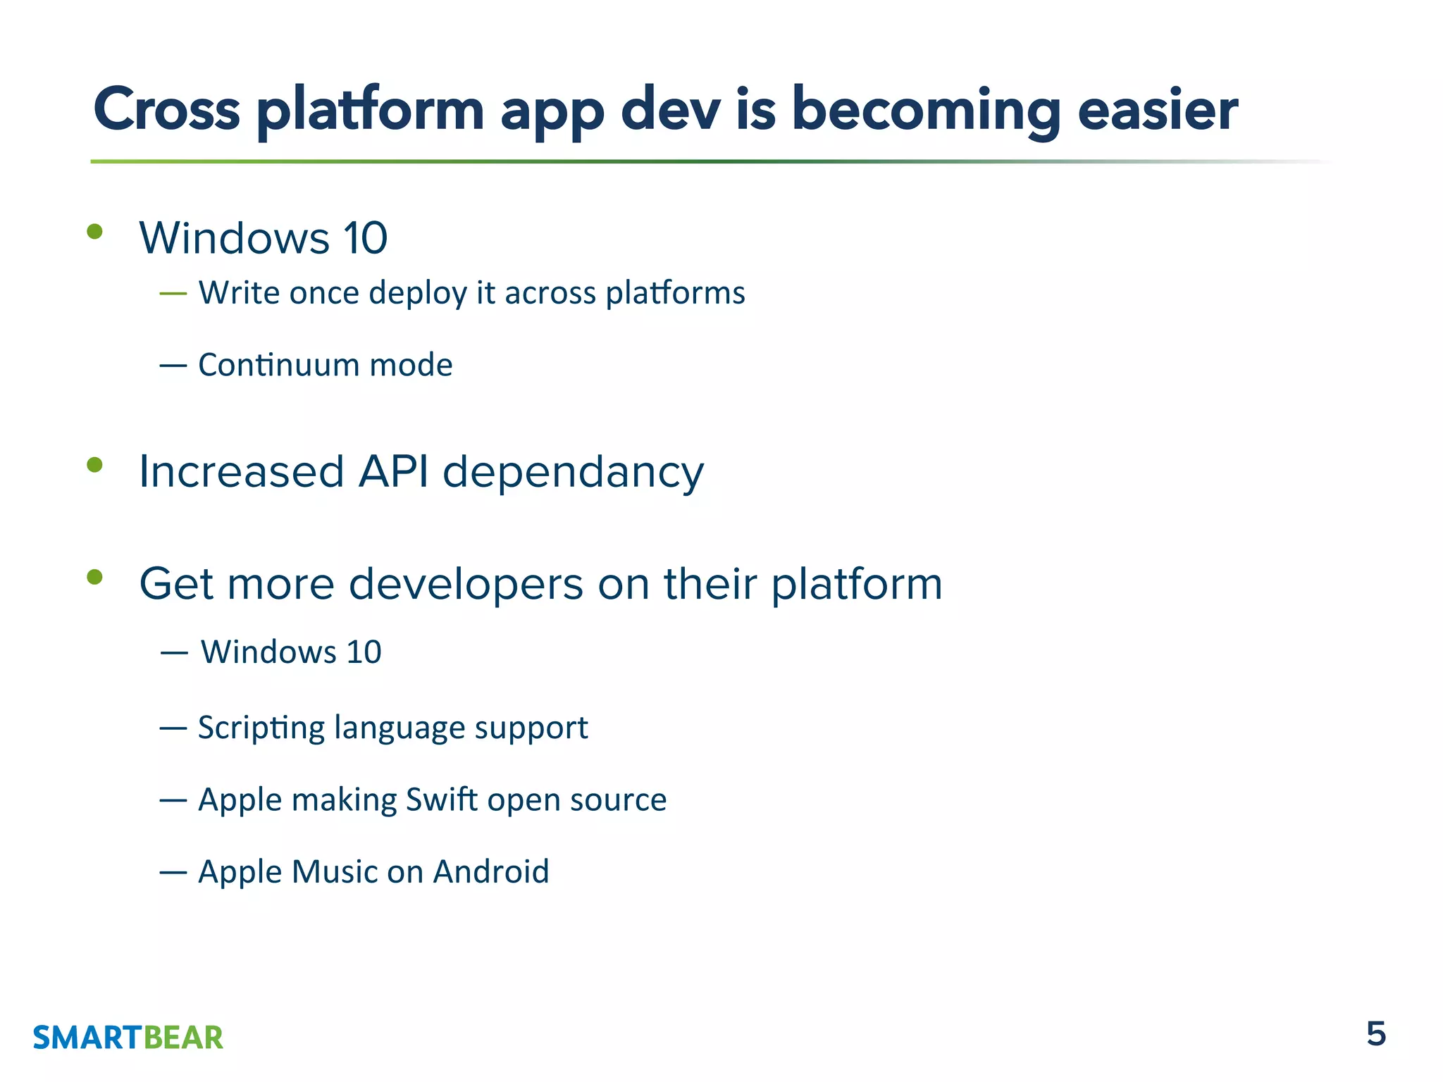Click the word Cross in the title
click(167, 110)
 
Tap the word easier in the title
click(1158, 110)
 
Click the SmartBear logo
click(128, 1038)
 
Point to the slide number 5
click(1375, 1034)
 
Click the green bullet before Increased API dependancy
click(94, 465)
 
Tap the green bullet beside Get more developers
click(94, 578)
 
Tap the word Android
click(490, 871)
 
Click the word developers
click(466, 585)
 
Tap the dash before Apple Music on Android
click(173, 873)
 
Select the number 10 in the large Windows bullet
click(365, 238)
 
